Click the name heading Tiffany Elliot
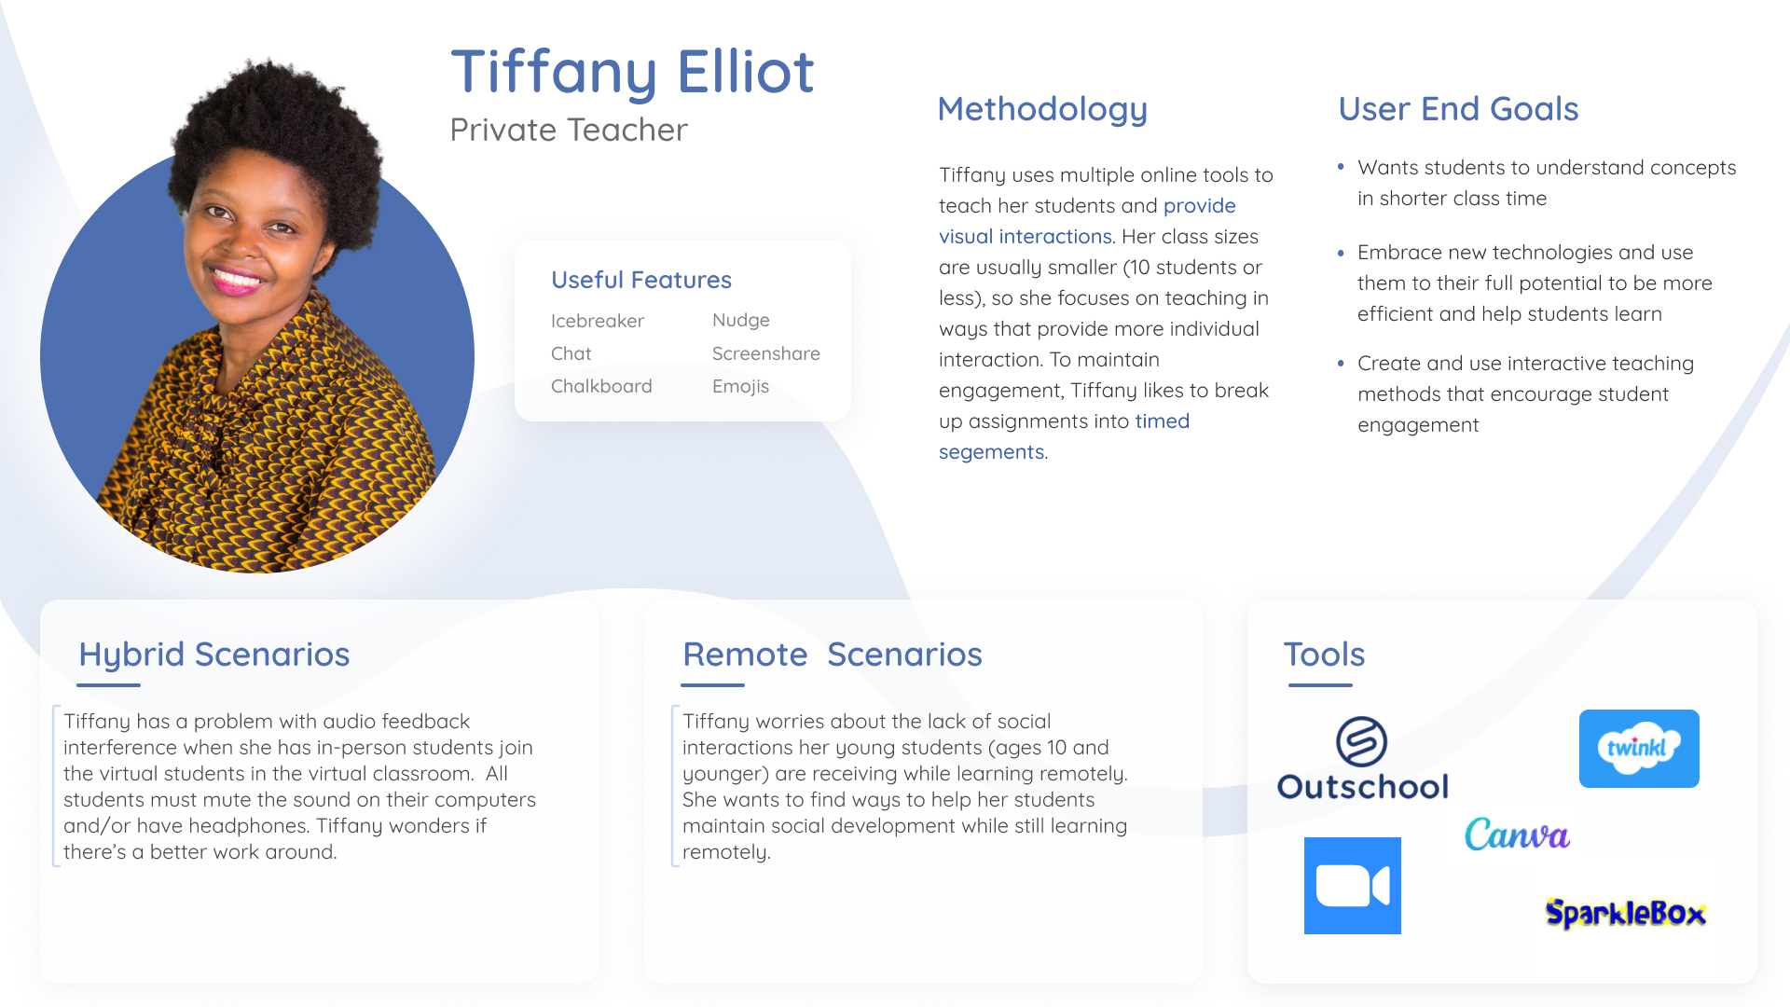point(632,72)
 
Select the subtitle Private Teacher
point(569,130)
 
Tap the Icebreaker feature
point(598,321)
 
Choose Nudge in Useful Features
point(741,320)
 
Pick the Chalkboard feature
point(601,386)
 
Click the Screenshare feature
point(766,353)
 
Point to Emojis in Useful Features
point(740,386)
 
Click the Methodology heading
point(1042,109)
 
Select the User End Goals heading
point(1458,109)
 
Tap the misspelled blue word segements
point(991,452)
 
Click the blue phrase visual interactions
point(1026,237)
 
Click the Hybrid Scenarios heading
point(214,655)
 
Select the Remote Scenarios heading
point(833,655)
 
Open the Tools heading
point(1324,655)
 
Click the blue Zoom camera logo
point(1353,886)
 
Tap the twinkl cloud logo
point(1639,749)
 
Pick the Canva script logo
point(1517,834)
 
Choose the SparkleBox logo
point(1626,913)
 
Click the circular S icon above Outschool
point(1361,741)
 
